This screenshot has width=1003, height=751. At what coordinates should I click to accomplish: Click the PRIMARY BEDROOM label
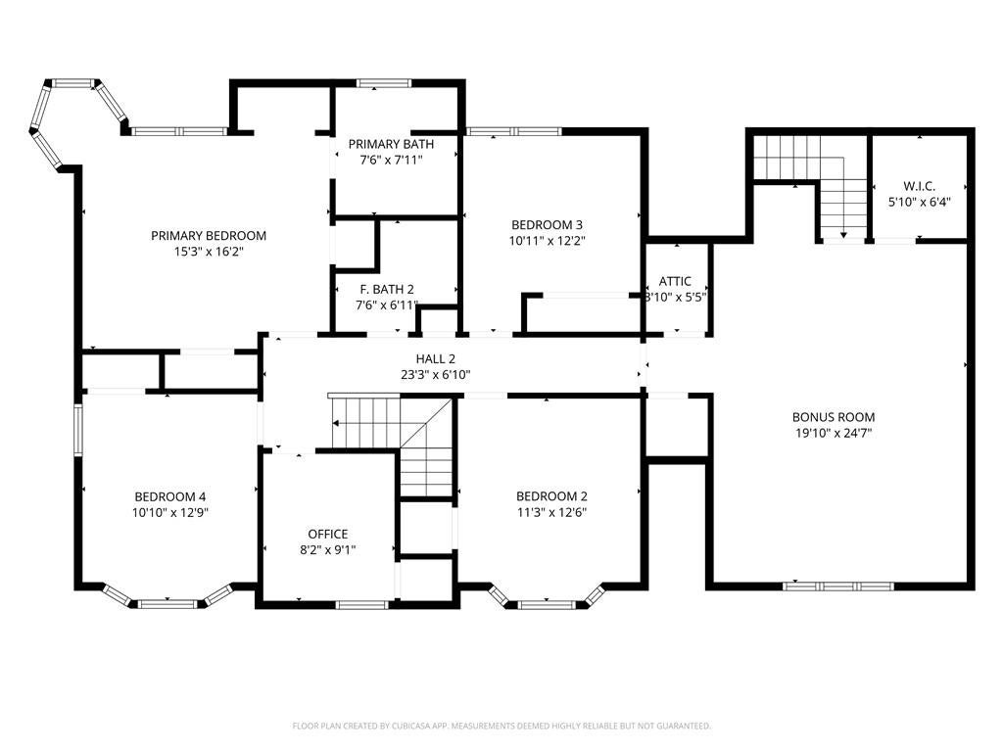[x=209, y=235]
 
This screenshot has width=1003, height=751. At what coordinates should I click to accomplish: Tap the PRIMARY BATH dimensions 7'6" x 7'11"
[x=391, y=160]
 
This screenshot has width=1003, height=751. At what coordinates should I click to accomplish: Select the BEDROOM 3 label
[x=547, y=224]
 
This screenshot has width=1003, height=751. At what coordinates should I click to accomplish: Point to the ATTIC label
[x=675, y=281]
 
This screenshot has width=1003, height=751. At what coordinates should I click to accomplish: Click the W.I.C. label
[x=919, y=186]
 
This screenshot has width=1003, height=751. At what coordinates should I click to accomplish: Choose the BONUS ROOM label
[x=834, y=417]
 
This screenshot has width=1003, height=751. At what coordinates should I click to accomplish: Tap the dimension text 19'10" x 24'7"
[x=834, y=433]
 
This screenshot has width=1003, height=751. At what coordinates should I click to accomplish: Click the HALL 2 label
[x=436, y=359]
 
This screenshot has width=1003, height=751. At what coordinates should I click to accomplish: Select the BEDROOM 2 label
[x=551, y=496]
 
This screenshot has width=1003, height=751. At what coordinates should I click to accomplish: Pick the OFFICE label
[x=328, y=535]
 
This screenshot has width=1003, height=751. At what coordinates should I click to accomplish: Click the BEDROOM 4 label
[x=170, y=497]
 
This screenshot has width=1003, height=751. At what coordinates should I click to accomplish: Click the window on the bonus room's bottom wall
[x=838, y=586]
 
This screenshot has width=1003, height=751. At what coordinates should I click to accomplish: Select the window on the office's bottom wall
[x=361, y=605]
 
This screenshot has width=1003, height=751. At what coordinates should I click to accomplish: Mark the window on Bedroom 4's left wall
[x=78, y=429]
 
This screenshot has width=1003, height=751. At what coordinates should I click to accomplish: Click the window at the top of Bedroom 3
[x=513, y=132]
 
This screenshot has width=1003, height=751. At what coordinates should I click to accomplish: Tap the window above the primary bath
[x=384, y=82]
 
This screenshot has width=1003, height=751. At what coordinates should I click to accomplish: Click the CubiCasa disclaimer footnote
[x=501, y=727]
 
